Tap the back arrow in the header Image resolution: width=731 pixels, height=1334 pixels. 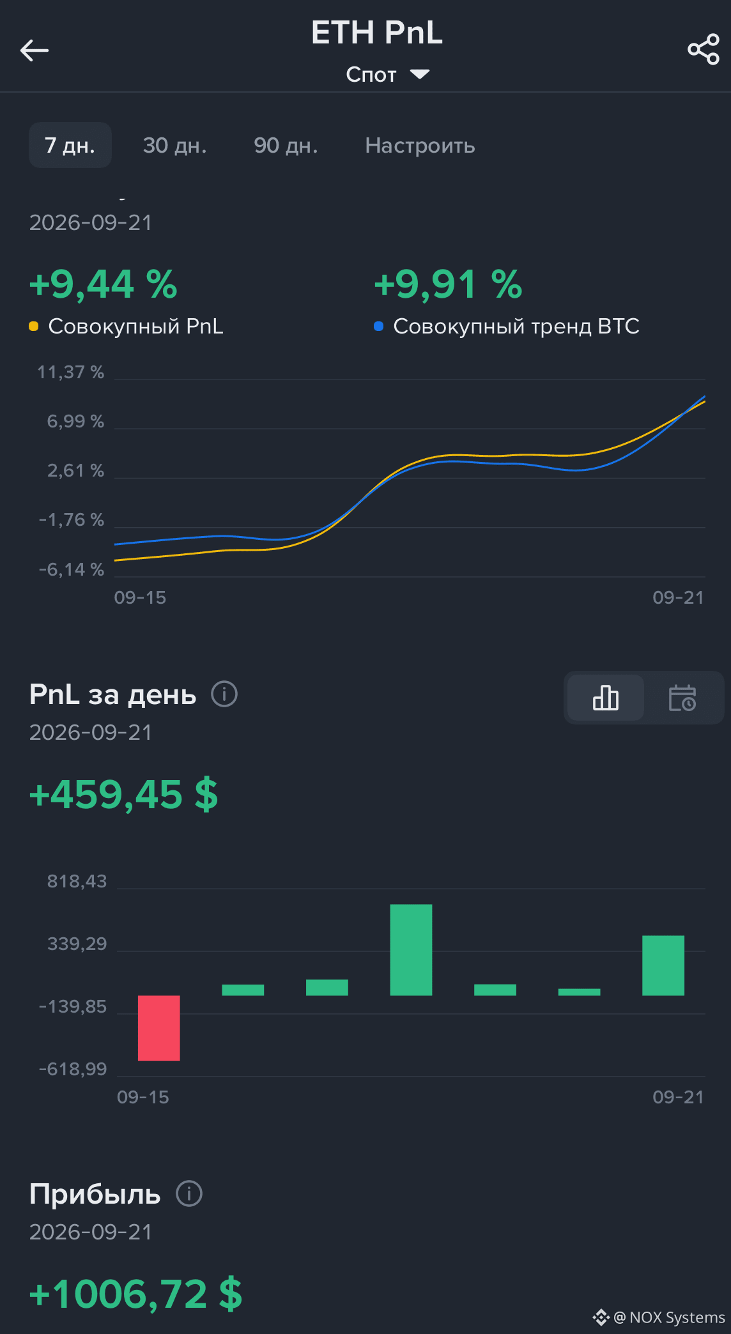tap(35, 50)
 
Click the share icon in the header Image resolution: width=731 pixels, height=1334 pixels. tap(704, 50)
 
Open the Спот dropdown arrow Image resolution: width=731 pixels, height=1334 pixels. tap(420, 74)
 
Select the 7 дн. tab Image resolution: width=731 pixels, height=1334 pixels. tap(70, 145)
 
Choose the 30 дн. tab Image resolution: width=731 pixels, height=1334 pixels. tap(174, 145)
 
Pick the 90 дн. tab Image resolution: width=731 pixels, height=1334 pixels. tap(286, 145)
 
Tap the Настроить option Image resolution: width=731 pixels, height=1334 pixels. tap(420, 146)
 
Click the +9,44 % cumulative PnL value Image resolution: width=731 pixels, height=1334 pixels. tap(104, 284)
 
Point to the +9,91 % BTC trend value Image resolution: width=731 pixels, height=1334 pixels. tap(449, 284)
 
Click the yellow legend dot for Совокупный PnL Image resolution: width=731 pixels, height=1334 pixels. tap(34, 326)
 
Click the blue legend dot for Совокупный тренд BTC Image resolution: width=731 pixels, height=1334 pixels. tap(379, 326)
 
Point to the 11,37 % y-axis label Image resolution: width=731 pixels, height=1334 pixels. tap(70, 372)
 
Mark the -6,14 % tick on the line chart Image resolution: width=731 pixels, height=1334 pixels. tap(72, 569)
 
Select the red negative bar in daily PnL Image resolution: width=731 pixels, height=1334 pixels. tap(159, 1028)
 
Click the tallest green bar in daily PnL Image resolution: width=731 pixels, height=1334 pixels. tap(411, 949)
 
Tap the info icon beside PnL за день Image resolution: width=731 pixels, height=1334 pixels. tap(224, 694)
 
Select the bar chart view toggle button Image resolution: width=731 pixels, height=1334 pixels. tap(606, 698)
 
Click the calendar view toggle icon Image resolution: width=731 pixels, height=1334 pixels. tap(682, 698)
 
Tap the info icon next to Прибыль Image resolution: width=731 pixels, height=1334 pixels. tap(189, 1193)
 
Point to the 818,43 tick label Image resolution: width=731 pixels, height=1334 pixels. tap(77, 881)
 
